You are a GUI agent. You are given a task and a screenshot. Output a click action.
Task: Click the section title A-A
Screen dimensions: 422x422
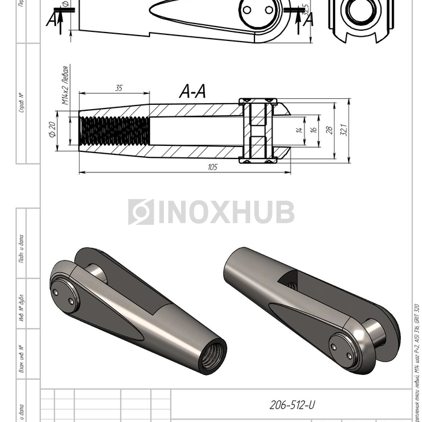[192, 91]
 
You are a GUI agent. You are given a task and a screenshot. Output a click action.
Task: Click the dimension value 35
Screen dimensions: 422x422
[118, 88]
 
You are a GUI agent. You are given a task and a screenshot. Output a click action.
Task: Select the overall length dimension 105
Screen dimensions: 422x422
[212, 167]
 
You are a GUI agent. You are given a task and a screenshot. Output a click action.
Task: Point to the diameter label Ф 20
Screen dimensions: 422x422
[52, 130]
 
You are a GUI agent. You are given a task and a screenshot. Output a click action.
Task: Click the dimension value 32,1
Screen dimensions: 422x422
[345, 130]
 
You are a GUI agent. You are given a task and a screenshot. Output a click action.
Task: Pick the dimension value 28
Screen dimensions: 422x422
[330, 130]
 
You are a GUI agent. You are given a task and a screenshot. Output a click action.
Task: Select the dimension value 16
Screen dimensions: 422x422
[313, 130]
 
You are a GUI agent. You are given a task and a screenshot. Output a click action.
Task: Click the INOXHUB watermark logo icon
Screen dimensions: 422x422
[140, 212]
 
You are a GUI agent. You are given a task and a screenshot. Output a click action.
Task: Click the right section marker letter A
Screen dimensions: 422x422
[310, 18]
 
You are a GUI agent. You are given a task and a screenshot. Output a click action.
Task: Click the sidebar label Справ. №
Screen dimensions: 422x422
[22, 102]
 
